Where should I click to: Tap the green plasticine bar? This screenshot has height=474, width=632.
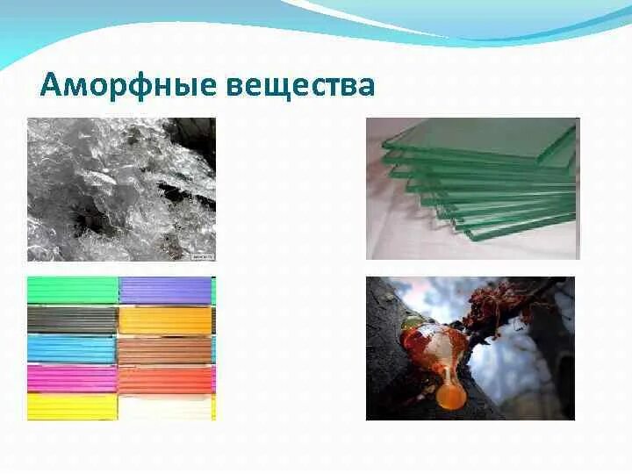point(72,290)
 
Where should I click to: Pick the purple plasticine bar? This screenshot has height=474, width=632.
point(165,290)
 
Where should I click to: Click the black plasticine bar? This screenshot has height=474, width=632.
point(72,320)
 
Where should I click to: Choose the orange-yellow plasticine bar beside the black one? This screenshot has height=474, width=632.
point(165,320)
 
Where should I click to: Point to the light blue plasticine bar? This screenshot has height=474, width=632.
point(72,349)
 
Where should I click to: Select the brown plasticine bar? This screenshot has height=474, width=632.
point(165,349)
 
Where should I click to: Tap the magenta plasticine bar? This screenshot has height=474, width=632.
point(72,378)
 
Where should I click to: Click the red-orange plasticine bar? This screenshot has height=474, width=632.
point(165,378)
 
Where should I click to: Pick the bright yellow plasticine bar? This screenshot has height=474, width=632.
point(72,406)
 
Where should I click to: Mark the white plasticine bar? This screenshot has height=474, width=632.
point(165,406)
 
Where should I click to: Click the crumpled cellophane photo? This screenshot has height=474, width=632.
point(121,189)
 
